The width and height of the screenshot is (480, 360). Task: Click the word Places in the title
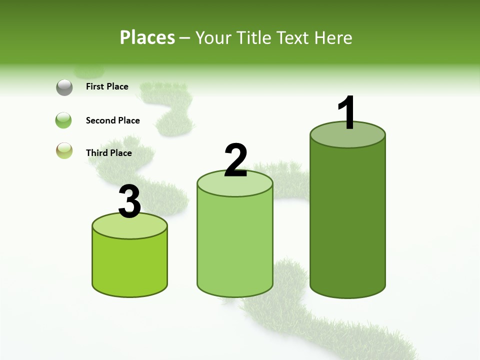pyautogui.click(x=147, y=37)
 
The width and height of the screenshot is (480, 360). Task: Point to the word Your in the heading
pyautogui.click(x=213, y=37)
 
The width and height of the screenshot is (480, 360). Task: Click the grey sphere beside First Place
pyautogui.click(x=64, y=87)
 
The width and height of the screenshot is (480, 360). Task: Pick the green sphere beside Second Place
pyautogui.click(x=64, y=120)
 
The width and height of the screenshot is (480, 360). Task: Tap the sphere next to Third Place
pyautogui.click(x=64, y=150)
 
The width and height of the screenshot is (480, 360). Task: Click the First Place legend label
pyautogui.click(x=107, y=86)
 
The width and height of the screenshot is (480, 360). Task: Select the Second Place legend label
pyautogui.click(x=112, y=120)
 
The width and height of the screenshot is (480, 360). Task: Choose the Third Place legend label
pyautogui.click(x=108, y=153)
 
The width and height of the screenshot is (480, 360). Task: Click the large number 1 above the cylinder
pyautogui.click(x=347, y=112)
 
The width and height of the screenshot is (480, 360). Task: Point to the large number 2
pyautogui.click(x=235, y=160)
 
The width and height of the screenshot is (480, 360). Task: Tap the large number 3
pyautogui.click(x=130, y=201)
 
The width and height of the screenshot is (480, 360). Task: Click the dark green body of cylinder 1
pyautogui.click(x=347, y=220)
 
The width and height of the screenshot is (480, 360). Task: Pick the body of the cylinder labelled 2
pyautogui.click(x=235, y=245)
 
